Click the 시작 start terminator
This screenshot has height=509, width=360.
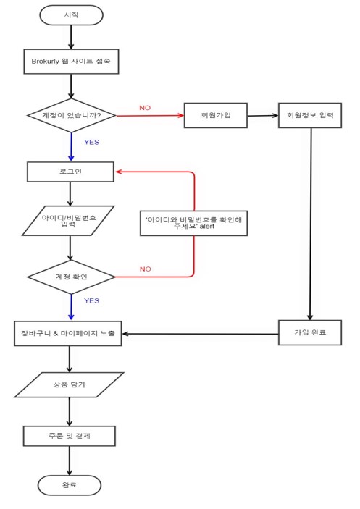(x=71, y=15)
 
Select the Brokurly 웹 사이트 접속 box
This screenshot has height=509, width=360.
(x=71, y=62)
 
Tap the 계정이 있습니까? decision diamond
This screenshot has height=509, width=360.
(x=71, y=115)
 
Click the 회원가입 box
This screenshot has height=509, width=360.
(x=216, y=115)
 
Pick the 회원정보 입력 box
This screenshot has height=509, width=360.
(x=310, y=115)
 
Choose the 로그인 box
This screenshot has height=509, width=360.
(x=70, y=172)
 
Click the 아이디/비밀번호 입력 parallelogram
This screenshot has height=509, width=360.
(x=68, y=221)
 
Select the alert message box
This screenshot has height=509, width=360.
(x=194, y=223)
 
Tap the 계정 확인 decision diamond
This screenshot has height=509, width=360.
(x=71, y=277)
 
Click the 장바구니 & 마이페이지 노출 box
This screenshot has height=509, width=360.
(x=68, y=333)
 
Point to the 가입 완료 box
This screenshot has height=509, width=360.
(x=310, y=332)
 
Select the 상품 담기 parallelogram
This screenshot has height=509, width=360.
(x=69, y=384)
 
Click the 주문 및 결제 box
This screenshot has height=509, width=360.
(x=70, y=436)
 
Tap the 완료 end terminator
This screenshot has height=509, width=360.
(x=70, y=485)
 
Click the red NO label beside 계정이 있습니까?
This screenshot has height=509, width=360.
(x=145, y=108)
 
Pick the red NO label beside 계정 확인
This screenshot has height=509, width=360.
(x=146, y=269)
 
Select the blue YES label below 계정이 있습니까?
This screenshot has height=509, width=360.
(x=91, y=142)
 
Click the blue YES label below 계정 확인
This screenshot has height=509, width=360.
(x=91, y=301)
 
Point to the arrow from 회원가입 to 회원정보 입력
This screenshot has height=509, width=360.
(x=263, y=116)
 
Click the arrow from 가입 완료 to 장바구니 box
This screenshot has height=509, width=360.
(x=201, y=334)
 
